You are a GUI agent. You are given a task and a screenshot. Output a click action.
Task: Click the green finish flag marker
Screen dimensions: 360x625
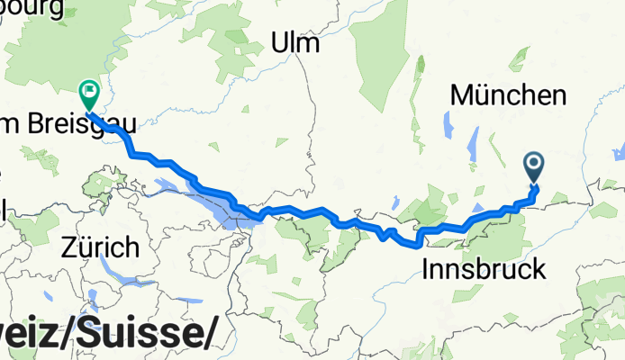pos(89,91)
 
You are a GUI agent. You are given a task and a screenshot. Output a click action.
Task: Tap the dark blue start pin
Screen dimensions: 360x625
pos(534,164)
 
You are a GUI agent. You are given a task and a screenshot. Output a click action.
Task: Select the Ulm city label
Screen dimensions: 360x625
pos(297,42)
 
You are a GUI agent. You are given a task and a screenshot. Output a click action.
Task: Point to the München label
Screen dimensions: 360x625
pos(509,94)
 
